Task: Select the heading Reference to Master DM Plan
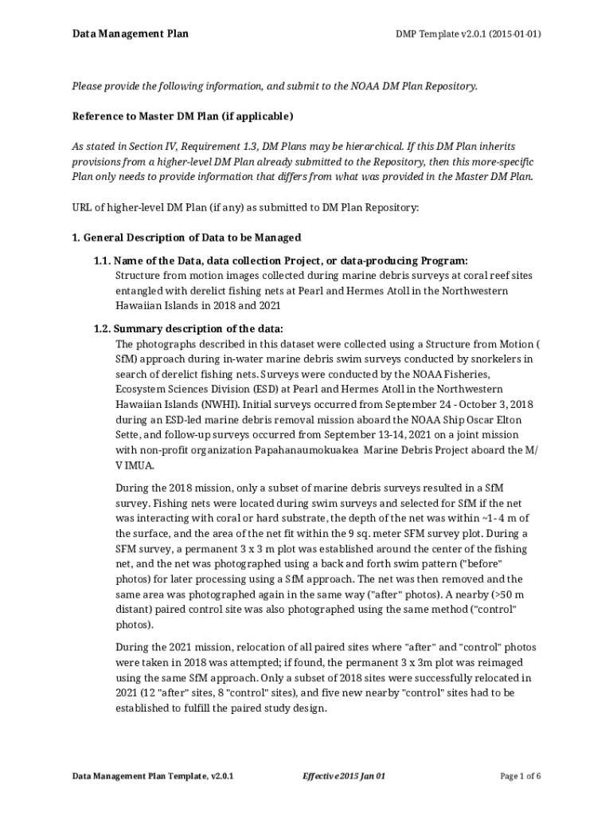pyautogui.click(x=183, y=116)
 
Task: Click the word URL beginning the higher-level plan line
pyautogui.click(x=82, y=207)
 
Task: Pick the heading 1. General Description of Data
pyautogui.click(x=186, y=237)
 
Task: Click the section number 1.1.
pyautogui.click(x=102, y=261)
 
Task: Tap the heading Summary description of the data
pyautogui.click(x=199, y=328)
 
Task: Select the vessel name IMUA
pyautogui.click(x=135, y=465)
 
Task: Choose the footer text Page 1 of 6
pyautogui.click(x=521, y=775)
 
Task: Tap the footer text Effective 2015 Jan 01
pyautogui.click(x=344, y=775)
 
